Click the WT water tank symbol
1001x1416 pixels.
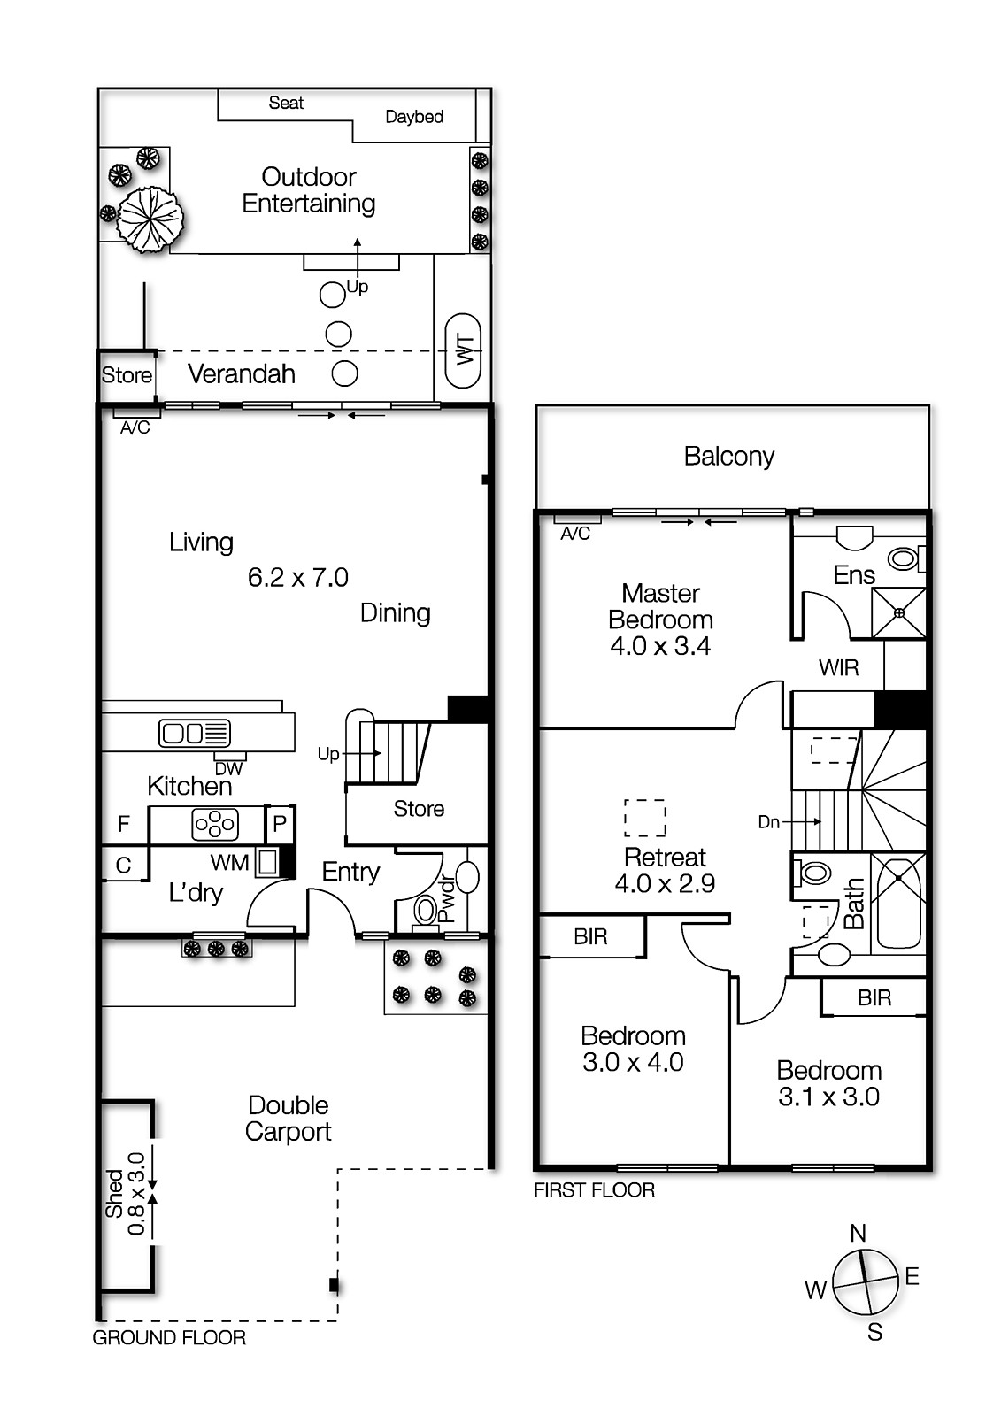coord(464,350)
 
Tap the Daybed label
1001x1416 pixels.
coord(414,117)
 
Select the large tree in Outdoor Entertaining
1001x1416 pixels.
coord(150,218)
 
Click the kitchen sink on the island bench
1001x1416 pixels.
coord(195,733)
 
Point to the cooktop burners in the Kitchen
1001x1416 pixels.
coord(215,825)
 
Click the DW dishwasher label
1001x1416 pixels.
coord(228,769)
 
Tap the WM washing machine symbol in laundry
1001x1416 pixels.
coord(268,861)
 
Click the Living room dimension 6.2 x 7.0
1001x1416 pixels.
coord(298,578)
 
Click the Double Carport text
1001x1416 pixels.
coord(289,1118)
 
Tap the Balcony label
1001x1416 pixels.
coord(728,457)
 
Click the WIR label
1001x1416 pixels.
coord(838,668)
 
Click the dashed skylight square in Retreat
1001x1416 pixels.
coord(645,818)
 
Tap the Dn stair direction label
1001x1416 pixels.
coord(768,822)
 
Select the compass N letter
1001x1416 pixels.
coord(858,1233)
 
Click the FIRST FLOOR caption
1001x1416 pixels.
coord(594,1190)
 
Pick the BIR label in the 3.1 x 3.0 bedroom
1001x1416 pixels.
coord(874,998)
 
